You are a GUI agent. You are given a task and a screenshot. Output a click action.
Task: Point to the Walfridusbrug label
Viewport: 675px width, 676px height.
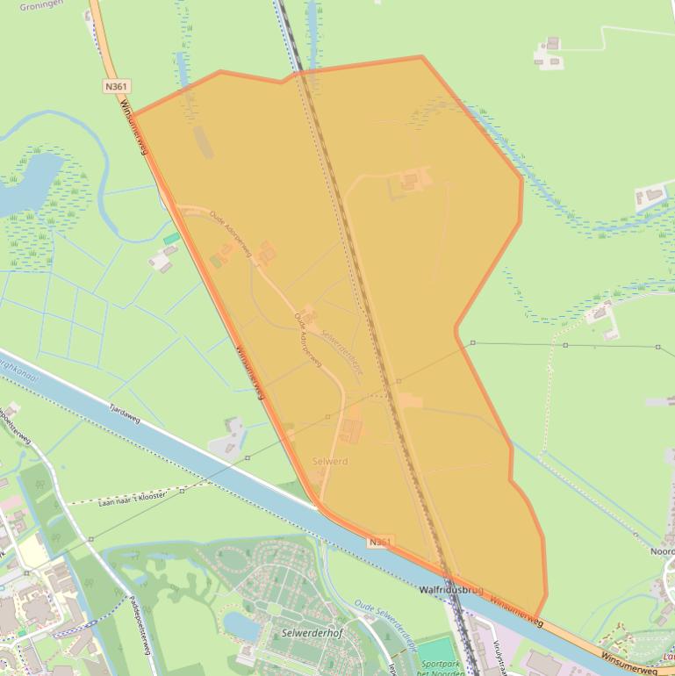click(x=451, y=591)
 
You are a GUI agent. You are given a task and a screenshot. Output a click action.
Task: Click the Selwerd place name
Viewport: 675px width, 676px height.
click(x=330, y=461)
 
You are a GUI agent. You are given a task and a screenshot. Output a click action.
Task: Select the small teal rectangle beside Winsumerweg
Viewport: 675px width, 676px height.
click(x=171, y=239)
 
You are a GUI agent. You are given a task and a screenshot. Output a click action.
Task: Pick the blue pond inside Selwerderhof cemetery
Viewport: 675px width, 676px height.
click(x=239, y=625)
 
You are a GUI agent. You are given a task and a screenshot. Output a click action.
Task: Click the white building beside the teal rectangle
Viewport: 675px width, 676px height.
click(x=161, y=259)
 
